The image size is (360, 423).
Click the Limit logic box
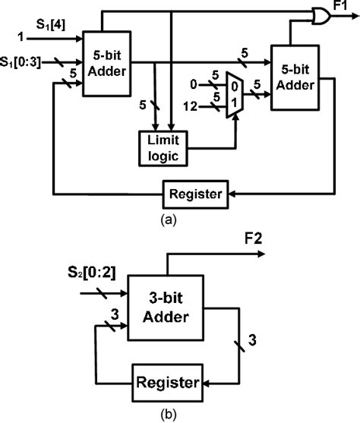click(x=163, y=147)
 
